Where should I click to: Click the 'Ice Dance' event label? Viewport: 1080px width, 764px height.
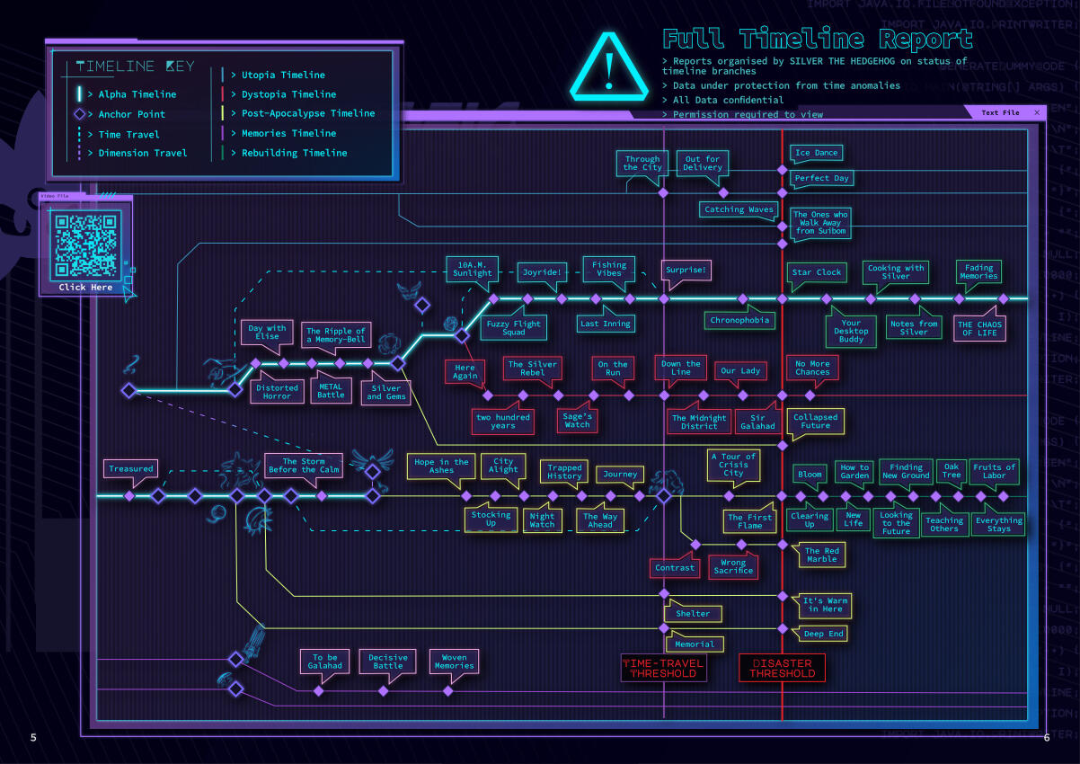[x=816, y=153]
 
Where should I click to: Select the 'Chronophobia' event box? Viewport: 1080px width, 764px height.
[x=739, y=320]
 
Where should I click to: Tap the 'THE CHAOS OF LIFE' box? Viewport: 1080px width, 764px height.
[x=978, y=329]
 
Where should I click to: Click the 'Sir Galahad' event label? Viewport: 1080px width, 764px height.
[x=757, y=422]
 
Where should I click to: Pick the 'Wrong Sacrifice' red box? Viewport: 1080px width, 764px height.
[x=733, y=566]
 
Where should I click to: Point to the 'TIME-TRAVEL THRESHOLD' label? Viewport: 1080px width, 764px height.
[x=663, y=668]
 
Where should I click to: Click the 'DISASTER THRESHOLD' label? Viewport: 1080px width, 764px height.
[x=782, y=668]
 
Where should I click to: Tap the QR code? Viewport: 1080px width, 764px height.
[x=85, y=245]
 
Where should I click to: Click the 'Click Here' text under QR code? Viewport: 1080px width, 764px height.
[x=85, y=288]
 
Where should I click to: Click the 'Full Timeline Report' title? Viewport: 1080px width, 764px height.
[x=818, y=40]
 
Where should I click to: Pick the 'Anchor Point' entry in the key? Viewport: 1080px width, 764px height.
[x=131, y=114]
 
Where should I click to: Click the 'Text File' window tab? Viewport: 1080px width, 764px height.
[x=1000, y=112]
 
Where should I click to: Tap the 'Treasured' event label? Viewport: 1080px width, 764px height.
[x=131, y=468]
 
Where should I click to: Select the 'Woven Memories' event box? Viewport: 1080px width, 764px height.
[x=454, y=662]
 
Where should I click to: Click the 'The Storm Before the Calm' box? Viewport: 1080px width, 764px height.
[x=304, y=466]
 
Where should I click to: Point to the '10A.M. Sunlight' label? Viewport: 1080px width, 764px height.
[x=472, y=268]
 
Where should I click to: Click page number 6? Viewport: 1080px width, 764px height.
[x=1046, y=738]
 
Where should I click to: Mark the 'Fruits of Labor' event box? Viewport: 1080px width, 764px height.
[x=994, y=471]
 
